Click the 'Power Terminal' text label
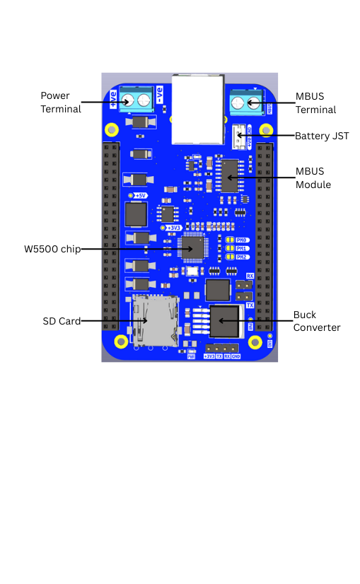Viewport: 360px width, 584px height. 60,102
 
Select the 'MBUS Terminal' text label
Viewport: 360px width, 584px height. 315,103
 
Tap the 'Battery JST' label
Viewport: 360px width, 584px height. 322,136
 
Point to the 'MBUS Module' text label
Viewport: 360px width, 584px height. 313,178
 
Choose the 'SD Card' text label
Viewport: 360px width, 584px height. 62,321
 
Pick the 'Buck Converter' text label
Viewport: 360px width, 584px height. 316,321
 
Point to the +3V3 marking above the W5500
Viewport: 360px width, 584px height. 173,228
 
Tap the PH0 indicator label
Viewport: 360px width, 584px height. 240,240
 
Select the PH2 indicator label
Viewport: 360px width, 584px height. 240,257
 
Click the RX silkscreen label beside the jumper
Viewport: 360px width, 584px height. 250,276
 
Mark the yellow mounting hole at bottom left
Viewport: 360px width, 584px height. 121,342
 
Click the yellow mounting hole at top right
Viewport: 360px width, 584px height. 266,129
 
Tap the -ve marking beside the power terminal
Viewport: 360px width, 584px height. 160,95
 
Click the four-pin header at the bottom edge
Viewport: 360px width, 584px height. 222,348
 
